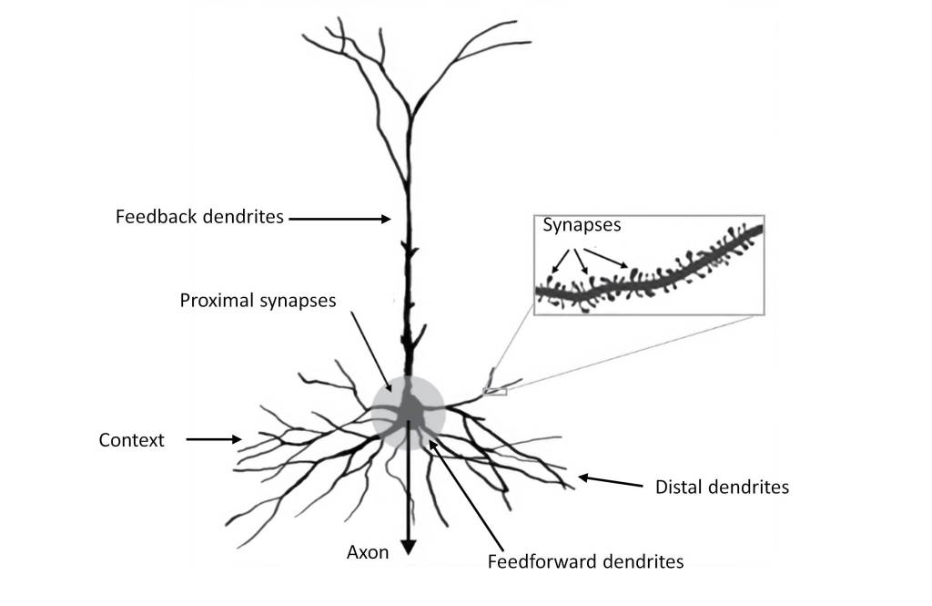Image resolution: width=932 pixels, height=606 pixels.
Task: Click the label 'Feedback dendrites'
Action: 200,218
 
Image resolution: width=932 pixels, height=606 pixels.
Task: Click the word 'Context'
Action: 131,440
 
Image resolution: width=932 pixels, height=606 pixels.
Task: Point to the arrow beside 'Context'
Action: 214,440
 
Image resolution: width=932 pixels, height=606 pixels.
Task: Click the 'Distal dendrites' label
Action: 722,487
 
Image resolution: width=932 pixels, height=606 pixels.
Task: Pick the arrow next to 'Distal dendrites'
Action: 610,480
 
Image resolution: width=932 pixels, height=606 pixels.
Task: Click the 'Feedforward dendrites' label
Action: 585,561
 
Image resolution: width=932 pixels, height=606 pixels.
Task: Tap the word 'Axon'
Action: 368,552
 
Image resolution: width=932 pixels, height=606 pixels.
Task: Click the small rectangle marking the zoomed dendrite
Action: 494,391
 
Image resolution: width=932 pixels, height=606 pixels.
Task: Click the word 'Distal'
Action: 677,487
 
